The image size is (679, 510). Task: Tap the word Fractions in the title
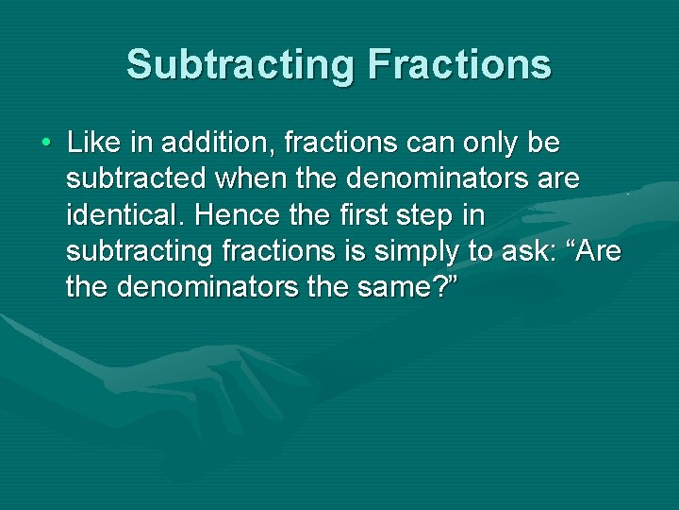[x=460, y=64]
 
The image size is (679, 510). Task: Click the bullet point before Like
[x=45, y=144]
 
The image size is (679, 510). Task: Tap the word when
[x=253, y=179]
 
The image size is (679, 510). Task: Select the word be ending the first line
[x=544, y=144]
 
